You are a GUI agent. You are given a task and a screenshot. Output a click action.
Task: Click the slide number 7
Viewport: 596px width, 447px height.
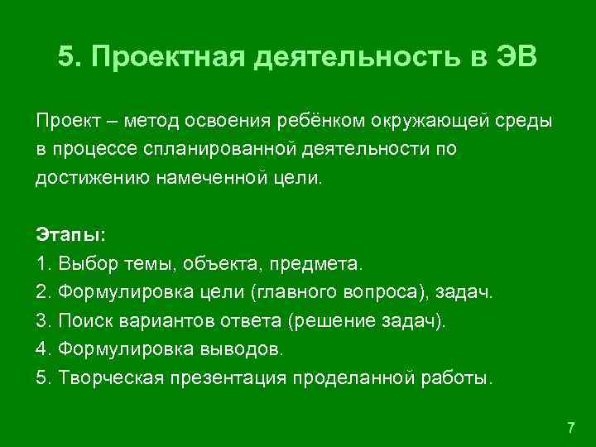click(x=570, y=427)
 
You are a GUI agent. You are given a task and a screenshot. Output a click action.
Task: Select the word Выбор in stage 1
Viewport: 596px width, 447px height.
click(x=82, y=264)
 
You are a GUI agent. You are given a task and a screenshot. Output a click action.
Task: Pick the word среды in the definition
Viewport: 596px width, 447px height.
click(x=526, y=122)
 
